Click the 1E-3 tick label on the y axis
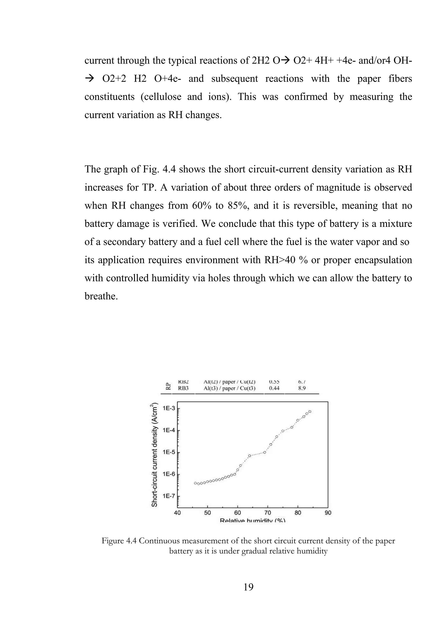pos(169,408)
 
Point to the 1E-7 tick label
pos(169,496)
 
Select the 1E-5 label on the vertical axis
pos(169,452)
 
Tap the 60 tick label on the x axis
pos(237,513)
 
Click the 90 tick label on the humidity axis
pos(328,513)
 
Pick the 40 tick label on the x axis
pos(177,513)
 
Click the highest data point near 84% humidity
pos(310,412)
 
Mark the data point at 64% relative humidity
pos(250,456)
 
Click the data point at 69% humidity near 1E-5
pos(265,452)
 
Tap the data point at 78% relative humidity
pos(292,427)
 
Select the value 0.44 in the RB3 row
pos(274,388)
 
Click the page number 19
pos(249,587)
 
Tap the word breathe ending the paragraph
pos(101,296)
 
